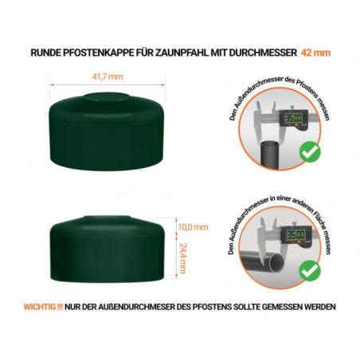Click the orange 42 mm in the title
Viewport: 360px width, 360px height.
coord(317,53)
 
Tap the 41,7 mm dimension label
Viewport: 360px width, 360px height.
coord(107,76)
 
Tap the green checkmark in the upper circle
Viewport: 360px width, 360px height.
coord(307,151)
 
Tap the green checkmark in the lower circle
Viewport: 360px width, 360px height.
coord(307,272)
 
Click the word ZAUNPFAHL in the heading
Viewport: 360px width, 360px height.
coord(181,53)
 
